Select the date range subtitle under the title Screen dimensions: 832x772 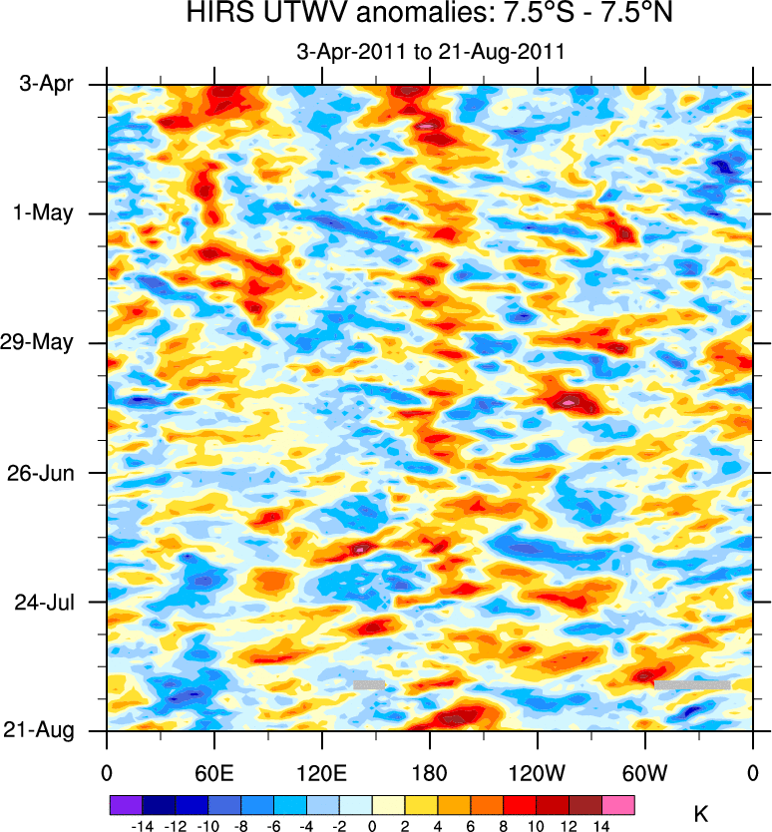click(x=431, y=53)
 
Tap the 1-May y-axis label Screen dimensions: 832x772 click(x=45, y=213)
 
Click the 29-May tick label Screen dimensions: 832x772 click(x=40, y=342)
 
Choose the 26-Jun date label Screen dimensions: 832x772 click(x=42, y=471)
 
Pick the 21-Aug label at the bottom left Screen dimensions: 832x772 click(x=41, y=730)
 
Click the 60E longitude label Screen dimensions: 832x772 click(x=213, y=773)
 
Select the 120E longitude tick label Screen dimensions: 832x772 click(x=321, y=773)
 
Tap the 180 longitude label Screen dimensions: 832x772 click(x=430, y=773)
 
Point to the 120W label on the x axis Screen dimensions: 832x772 click(x=538, y=773)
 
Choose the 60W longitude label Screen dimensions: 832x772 click(x=645, y=773)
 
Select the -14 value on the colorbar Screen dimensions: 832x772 click(x=142, y=826)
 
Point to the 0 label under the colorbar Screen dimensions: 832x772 click(x=372, y=826)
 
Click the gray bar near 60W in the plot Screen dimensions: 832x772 click(x=691, y=684)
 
